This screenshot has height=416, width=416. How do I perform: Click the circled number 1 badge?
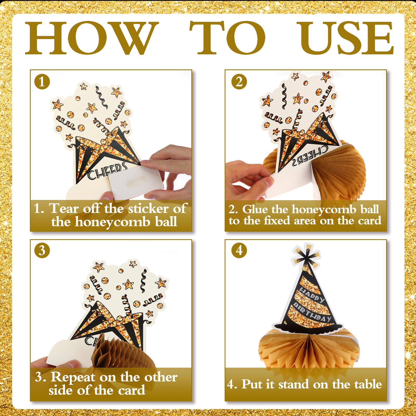[x=42, y=82]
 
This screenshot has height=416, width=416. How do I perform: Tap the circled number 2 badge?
[x=239, y=82]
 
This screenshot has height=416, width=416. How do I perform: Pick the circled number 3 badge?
[x=42, y=250]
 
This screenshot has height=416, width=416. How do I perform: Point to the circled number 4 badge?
[x=239, y=250]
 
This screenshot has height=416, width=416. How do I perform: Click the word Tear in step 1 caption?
[x=64, y=209]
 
